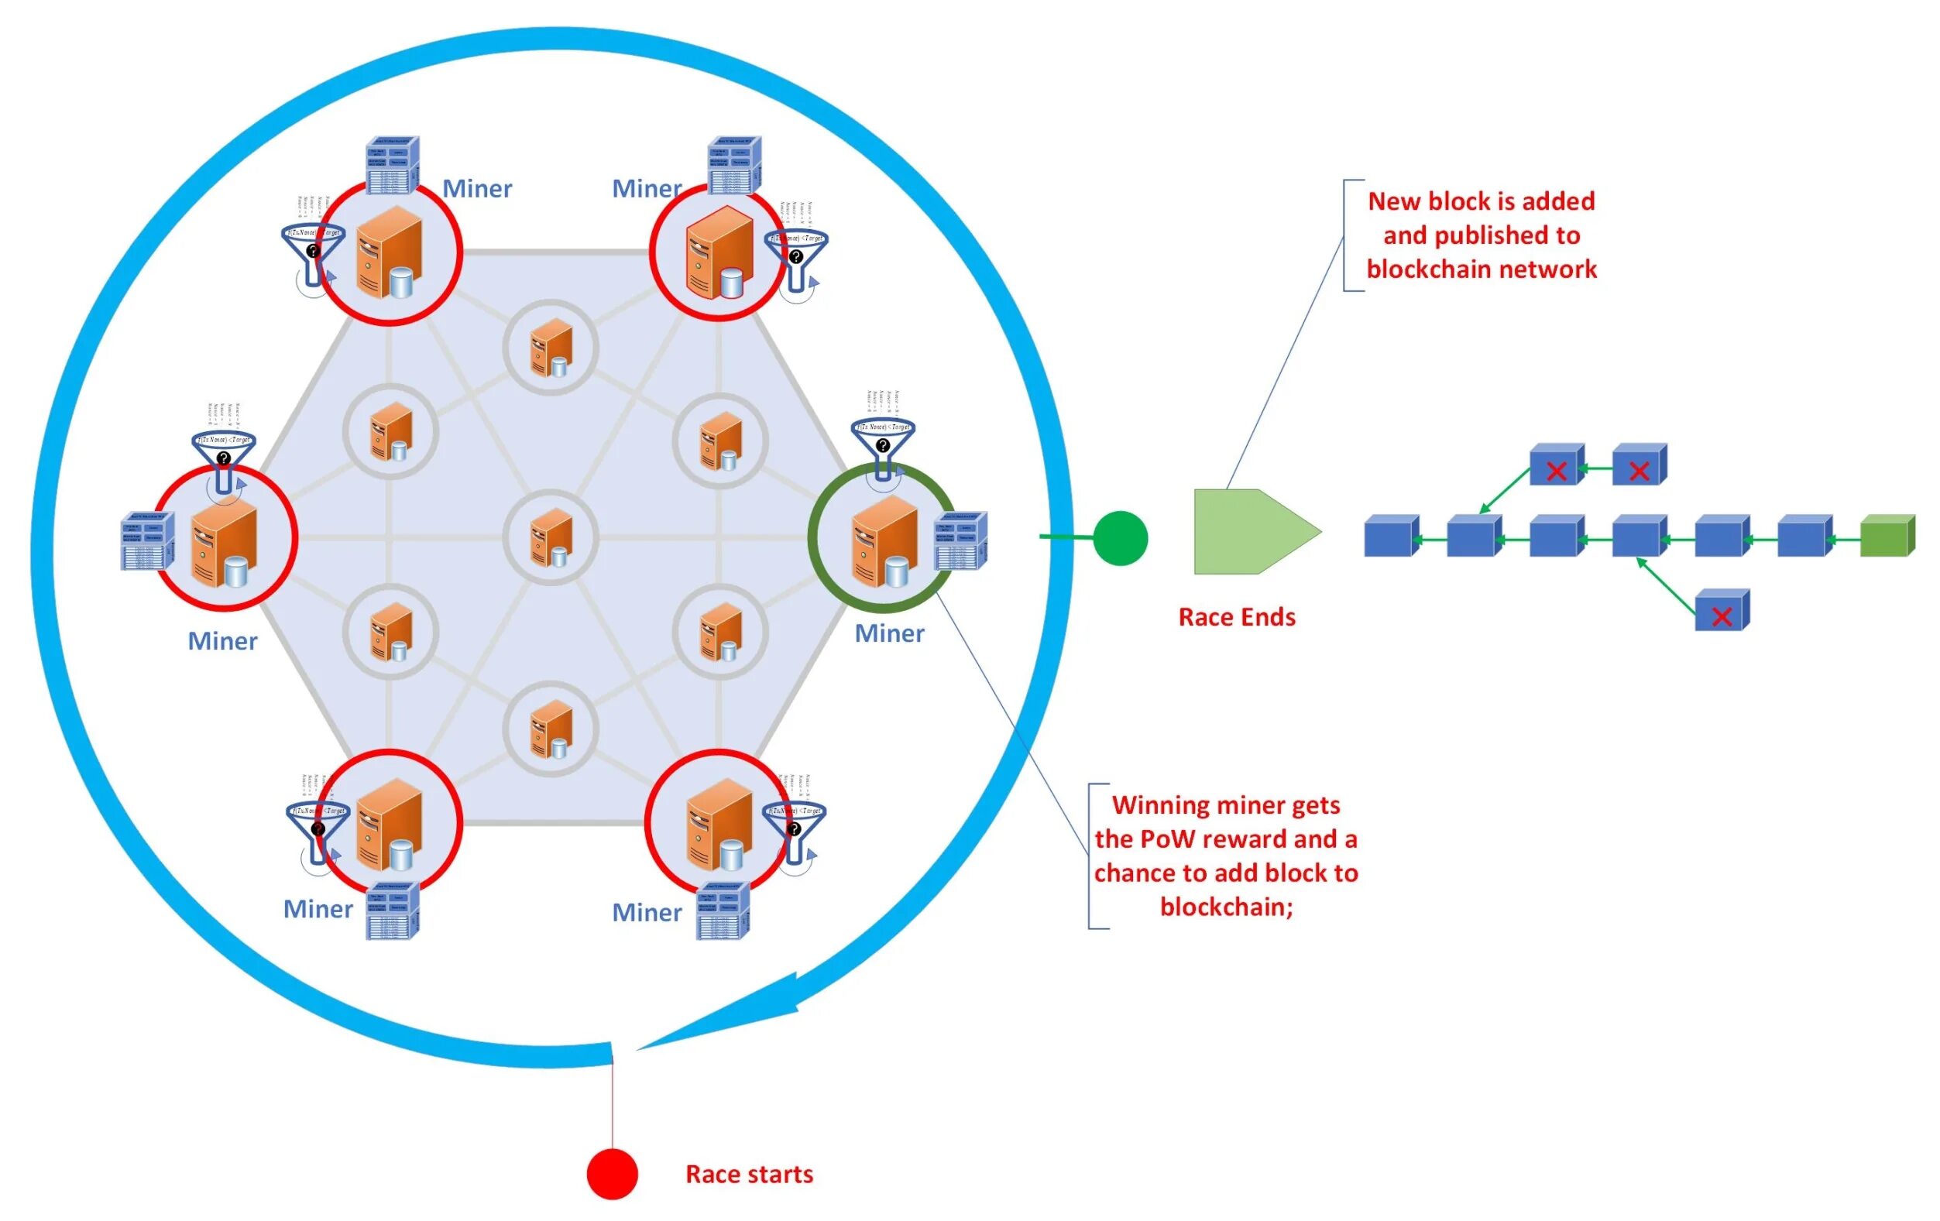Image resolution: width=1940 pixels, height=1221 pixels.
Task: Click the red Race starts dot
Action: (613, 1174)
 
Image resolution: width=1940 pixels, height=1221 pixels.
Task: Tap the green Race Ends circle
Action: (1120, 538)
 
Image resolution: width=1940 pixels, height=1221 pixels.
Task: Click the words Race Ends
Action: (1237, 617)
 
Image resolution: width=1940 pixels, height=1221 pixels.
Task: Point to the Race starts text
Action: (749, 1175)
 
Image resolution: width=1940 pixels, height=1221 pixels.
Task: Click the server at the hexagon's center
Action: (551, 537)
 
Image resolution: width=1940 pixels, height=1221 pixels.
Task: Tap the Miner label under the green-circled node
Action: (889, 634)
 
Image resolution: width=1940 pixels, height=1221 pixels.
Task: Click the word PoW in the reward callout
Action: (1175, 839)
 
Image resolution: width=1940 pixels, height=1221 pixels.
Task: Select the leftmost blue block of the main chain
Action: (1391, 537)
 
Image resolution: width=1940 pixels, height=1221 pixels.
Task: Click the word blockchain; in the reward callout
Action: (1226, 907)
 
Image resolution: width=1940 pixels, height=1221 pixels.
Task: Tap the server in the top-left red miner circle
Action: (390, 252)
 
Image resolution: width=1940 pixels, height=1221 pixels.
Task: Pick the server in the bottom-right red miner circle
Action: (719, 824)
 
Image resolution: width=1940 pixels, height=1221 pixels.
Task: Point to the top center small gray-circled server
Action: (551, 348)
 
